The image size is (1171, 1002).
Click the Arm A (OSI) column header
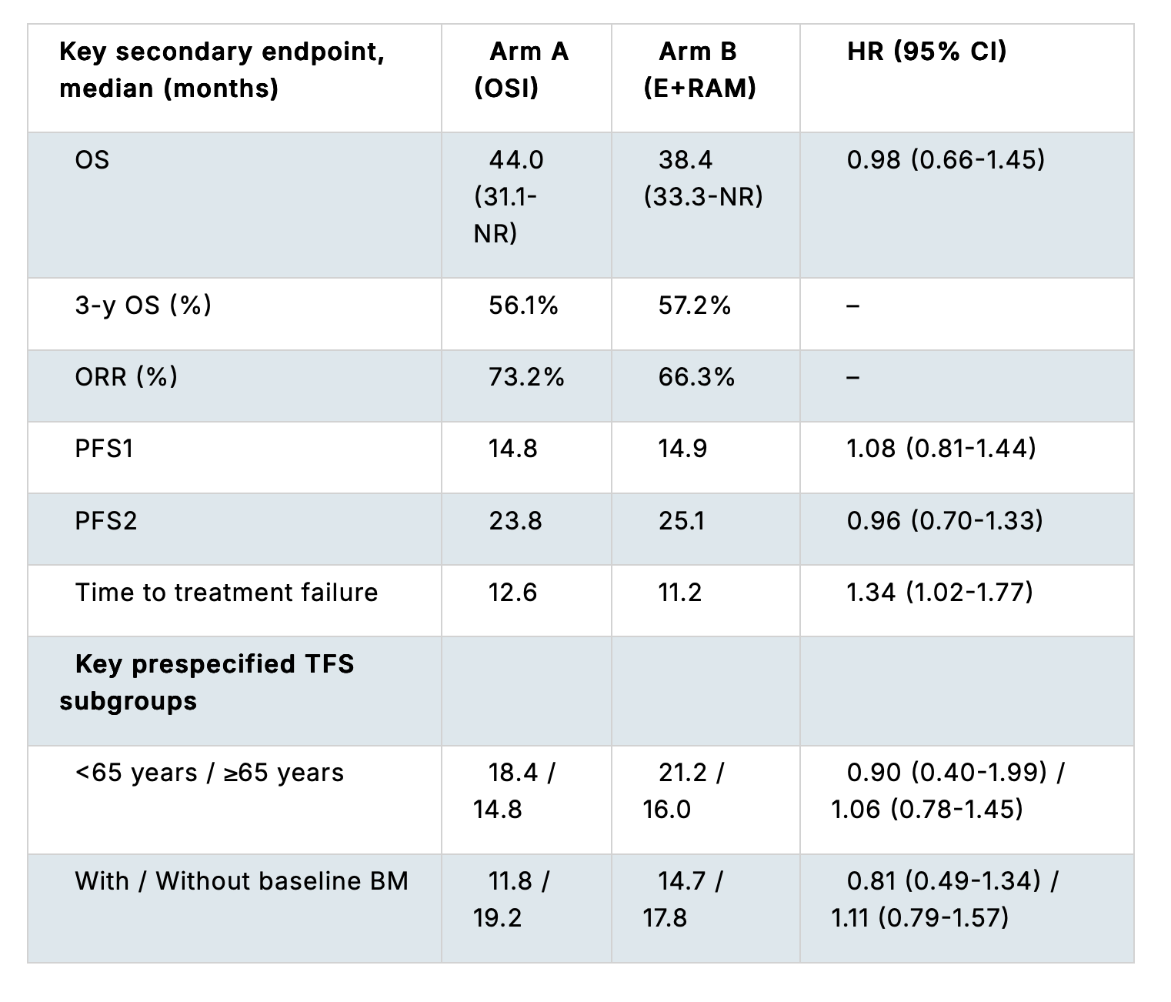point(521,70)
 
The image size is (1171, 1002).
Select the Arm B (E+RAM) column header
point(699,70)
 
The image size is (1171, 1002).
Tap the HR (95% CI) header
point(927,51)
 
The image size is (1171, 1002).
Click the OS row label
point(92,160)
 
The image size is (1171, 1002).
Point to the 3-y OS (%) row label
point(143,306)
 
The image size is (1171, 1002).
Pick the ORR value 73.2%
point(526,377)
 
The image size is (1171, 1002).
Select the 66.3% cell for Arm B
point(696,377)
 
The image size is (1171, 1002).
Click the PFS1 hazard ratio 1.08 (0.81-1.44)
point(941,449)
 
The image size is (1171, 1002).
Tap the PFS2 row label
point(106,521)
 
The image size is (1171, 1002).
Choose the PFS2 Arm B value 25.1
point(682,521)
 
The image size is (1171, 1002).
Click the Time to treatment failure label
point(226,593)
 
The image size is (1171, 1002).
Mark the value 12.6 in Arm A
point(512,593)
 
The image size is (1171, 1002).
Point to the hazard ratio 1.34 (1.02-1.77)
point(940,593)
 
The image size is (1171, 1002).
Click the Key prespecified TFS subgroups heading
point(207,683)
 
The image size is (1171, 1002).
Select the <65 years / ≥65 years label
point(209,773)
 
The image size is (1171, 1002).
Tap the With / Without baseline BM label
point(242,881)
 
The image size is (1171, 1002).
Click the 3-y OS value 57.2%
point(695,306)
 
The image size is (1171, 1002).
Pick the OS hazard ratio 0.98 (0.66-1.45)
point(946,160)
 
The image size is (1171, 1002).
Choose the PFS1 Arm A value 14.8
point(512,449)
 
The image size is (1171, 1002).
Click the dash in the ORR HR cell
point(852,377)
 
